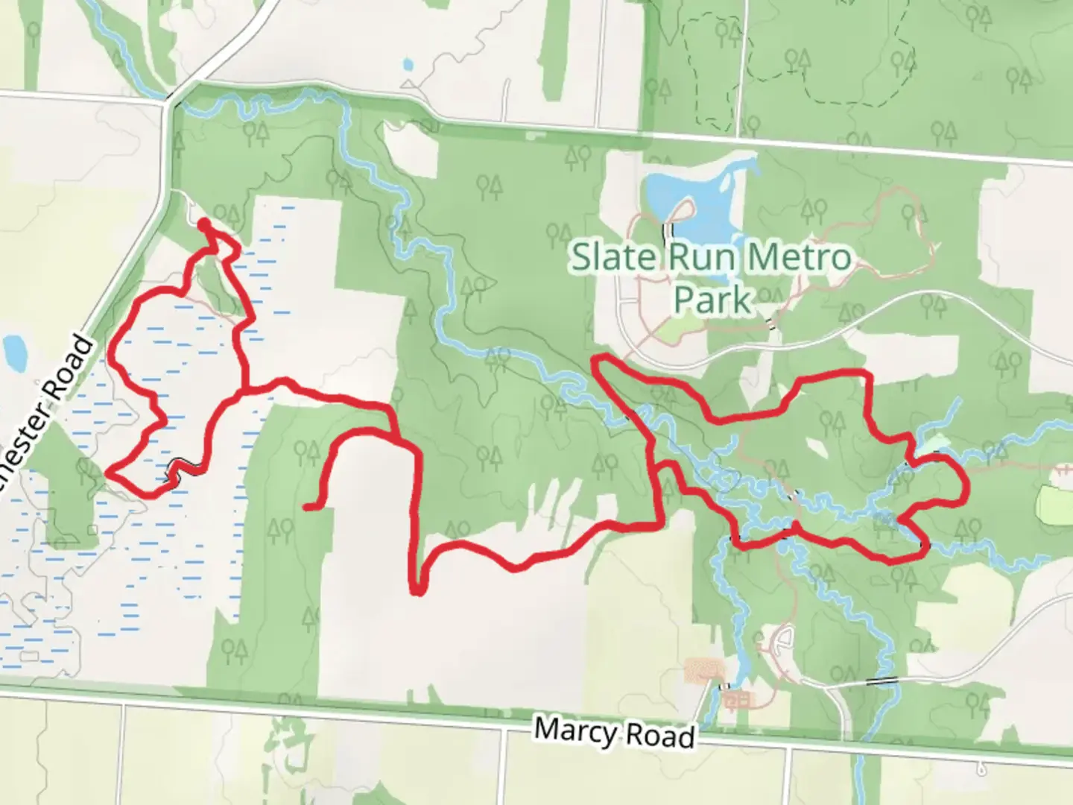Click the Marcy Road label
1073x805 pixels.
[x=615, y=732]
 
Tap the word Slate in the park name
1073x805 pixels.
[x=615, y=257]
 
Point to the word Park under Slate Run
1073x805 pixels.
[x=712, y=299]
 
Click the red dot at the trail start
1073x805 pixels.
[x=203, y=223]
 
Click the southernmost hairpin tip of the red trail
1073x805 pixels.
[x=418, y=592]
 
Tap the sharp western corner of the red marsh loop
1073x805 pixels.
[x=109, y=471]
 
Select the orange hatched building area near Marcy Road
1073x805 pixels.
[x=703, y=669]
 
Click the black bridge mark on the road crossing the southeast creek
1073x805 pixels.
[x=882, y=681]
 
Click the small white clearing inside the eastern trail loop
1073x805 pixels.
[x=817, y=448]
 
